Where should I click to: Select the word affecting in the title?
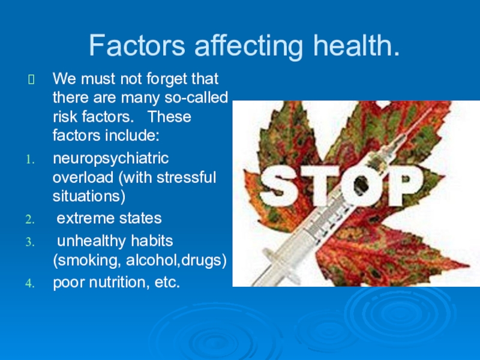click(x=241, y=46)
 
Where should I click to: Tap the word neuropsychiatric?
click(x=111, y=160)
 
